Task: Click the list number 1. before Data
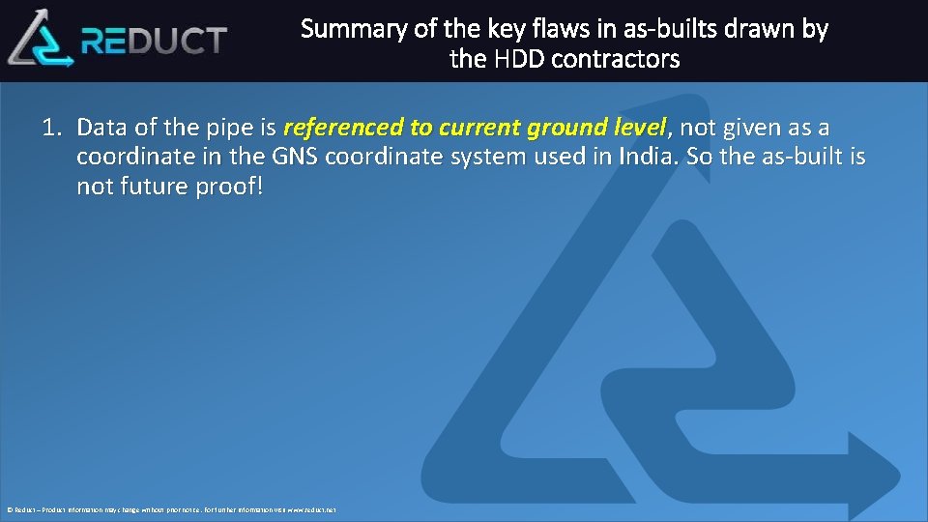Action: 53,128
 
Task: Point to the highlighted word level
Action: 639,128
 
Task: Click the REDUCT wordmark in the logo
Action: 155,41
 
